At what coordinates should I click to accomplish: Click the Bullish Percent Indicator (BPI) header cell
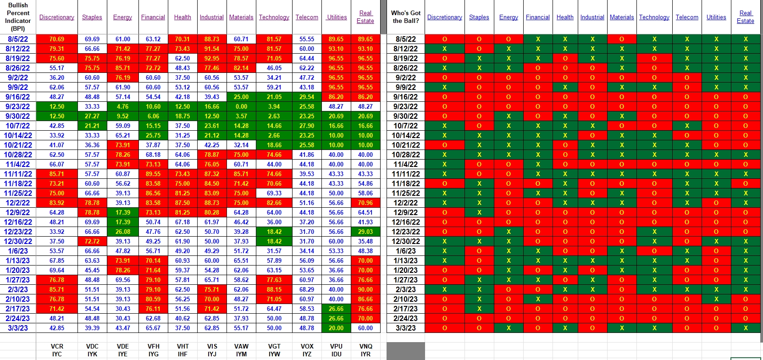click(x=18, y=17)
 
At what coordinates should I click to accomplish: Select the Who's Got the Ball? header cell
click(x=406, y=17)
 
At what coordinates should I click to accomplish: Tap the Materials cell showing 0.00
click(x=241, y=106)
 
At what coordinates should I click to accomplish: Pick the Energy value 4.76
click(x=122, y=106)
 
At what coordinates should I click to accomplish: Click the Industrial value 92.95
click(x=212, y=58)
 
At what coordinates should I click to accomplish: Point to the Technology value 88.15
click(x=274, y=289)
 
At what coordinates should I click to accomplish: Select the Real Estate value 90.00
click(x=365, y=289)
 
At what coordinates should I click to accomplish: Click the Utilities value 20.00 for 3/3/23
click(x=336, y=328)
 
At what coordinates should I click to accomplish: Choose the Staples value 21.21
click(x=92, y=126)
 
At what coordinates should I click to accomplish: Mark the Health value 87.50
click(x=182, y=203)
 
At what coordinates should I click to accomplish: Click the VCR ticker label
click(x=57, y=346)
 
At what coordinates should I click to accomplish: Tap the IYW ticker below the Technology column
click(x=274, y=354)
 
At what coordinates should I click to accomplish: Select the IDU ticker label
click(x=336, y=354)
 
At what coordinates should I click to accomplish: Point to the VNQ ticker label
click(x=366, y=346)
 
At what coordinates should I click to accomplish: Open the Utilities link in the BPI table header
click(x=337, y=17)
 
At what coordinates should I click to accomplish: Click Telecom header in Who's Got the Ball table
click(x=687, y=17)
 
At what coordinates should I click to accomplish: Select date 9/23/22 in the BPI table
click(x=18, y=106)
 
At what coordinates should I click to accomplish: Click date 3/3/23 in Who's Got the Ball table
click(x=406, y=328)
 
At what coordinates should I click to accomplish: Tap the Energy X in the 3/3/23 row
click(x=509, y=328)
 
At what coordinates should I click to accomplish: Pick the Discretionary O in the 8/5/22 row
click(x=444, y=39)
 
